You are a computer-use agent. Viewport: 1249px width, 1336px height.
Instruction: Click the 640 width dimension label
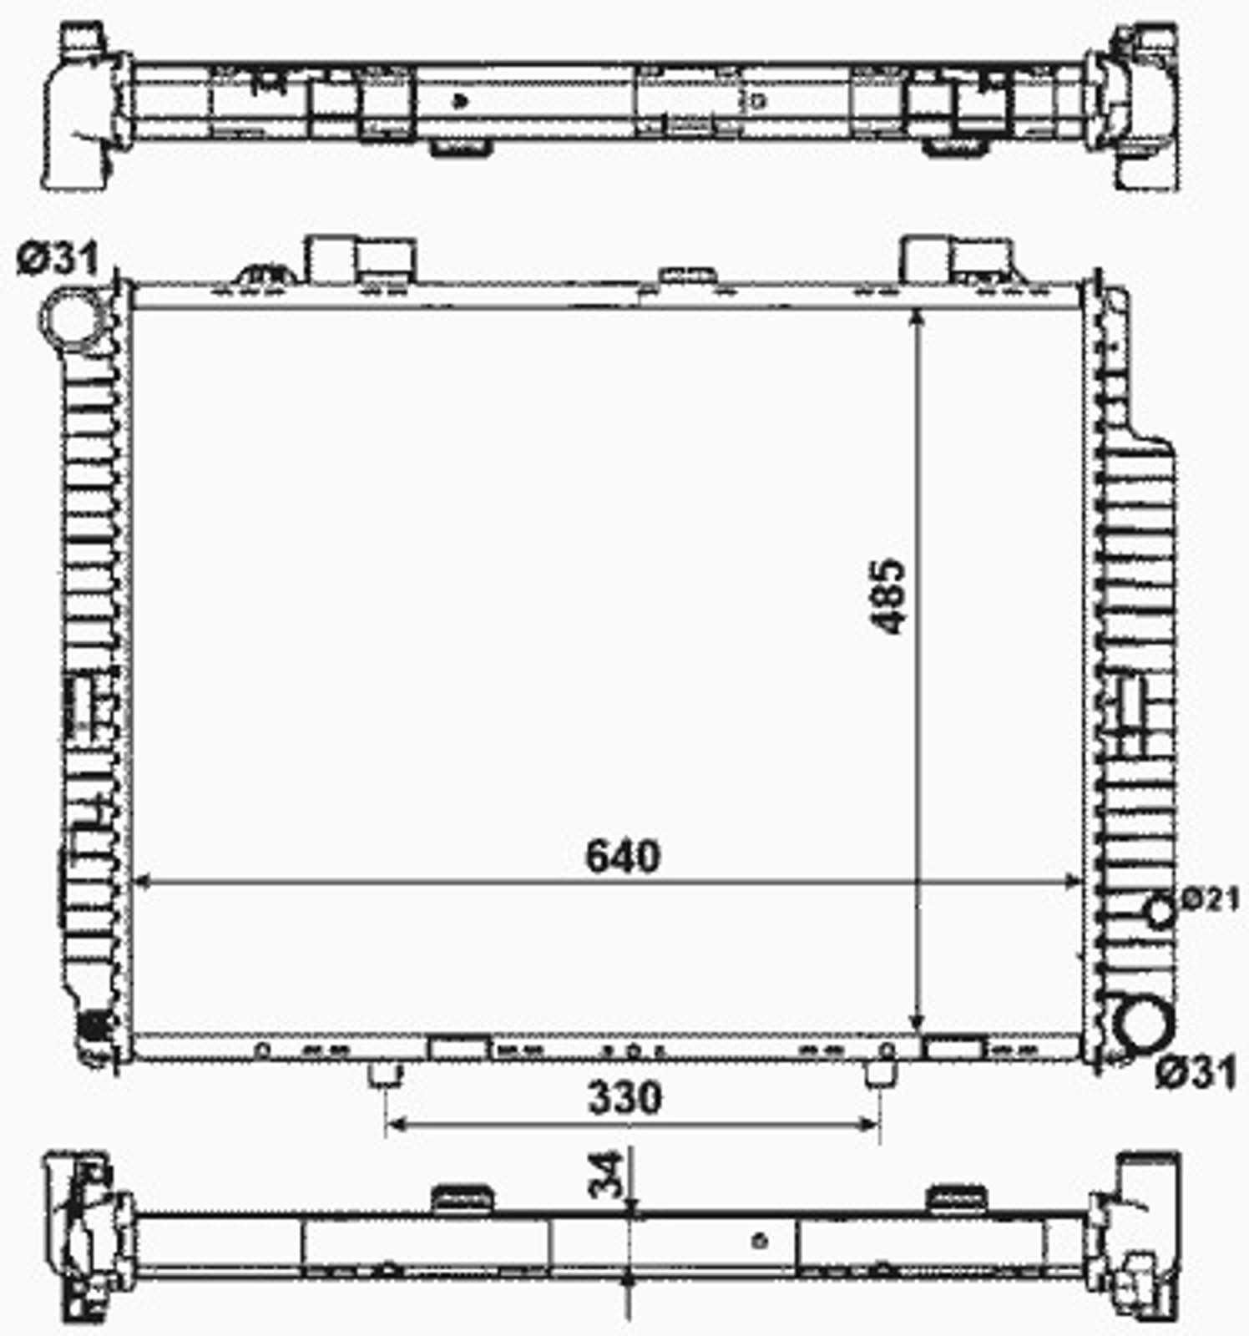tap(623, 857)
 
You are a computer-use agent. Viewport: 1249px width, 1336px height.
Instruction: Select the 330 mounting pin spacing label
tap(625, 1098)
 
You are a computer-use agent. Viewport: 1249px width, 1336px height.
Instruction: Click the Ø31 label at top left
tap(58, 260)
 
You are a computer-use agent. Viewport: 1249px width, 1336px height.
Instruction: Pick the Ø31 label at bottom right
tap(1196, 1073)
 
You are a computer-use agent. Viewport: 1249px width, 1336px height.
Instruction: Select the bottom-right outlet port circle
tap(1145, 1027)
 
